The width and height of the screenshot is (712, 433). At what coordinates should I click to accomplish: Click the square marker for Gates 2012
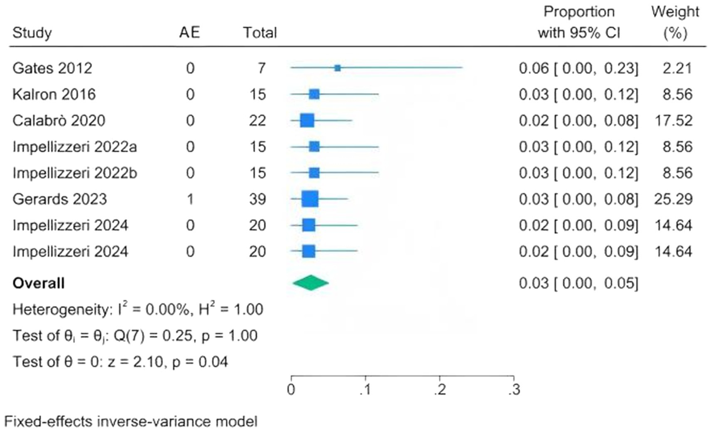tap(338, 68)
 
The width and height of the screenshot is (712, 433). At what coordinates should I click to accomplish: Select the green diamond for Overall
tap(310, 283)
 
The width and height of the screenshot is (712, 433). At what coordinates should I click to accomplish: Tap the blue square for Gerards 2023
tap(310, 199)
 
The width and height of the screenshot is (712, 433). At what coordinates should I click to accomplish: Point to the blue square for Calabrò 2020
tap(307, 121)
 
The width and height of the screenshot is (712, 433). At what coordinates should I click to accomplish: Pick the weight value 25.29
tap(673, 199)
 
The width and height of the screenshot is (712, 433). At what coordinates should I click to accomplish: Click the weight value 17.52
tap(673, 121)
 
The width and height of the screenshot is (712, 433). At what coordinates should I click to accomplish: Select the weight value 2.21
tap(677, 68)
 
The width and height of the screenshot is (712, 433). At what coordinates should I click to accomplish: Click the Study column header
tap(32, 33)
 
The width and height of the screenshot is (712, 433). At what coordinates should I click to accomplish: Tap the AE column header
tap(190, 33)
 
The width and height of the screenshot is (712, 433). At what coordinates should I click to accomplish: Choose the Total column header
tap(260, 33)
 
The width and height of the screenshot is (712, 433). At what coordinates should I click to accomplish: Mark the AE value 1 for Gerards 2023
tap(190, 199)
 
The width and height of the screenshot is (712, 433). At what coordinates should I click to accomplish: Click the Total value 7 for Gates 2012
tap(262, 68)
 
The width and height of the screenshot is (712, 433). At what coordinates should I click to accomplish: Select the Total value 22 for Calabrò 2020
tap(257, 121)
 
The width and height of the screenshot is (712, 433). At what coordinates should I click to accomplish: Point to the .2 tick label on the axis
tap(440, 390)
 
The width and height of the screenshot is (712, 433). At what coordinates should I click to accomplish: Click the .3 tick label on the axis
tap(514, 390)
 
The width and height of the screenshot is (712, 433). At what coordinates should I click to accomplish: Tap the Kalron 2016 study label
tap(54, 95)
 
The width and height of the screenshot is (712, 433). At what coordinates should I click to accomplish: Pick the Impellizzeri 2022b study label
tap(75, 173)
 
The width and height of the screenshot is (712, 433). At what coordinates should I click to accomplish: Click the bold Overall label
tap(38, 283)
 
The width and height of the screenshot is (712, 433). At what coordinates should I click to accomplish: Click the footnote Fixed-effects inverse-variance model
tap(131, 421)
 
